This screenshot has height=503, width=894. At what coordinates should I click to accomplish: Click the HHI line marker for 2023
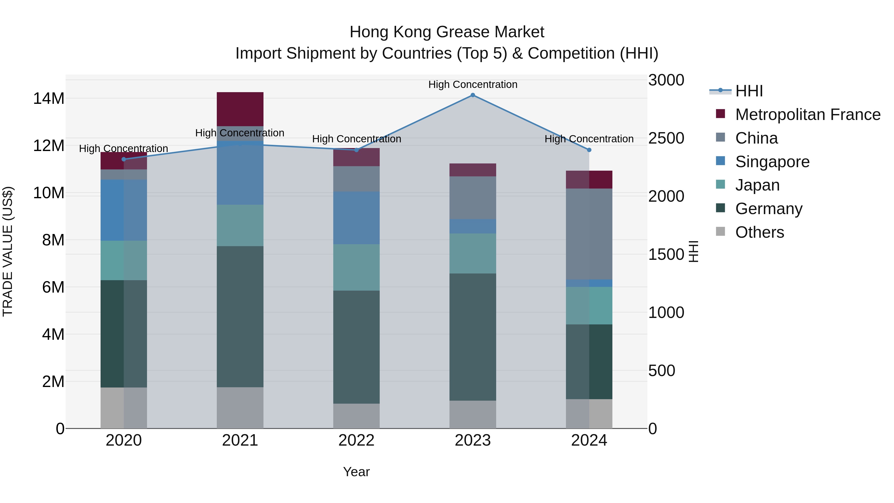click(472, 95)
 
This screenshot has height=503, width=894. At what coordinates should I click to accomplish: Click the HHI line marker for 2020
click(124, 159)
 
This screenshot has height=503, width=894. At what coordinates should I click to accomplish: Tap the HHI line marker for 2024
click(589, 150)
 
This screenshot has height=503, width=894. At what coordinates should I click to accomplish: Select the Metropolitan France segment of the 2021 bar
click(240, 109)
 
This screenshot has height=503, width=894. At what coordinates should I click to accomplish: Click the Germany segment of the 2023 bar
click(472, 337)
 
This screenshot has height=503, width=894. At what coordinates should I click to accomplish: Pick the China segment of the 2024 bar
click(589, 234)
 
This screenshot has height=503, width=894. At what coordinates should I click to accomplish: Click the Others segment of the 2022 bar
click(356, 416)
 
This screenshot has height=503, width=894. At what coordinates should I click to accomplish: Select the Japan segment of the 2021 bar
click(240, 225)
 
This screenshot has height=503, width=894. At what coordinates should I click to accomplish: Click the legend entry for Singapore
click(772, 162)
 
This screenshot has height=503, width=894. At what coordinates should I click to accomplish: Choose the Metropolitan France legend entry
click(807, 115)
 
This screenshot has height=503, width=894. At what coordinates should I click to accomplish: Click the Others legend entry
click(759, 232)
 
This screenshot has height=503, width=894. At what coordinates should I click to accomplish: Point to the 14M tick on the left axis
click(49, 99)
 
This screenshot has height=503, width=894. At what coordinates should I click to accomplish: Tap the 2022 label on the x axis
click(356, 440)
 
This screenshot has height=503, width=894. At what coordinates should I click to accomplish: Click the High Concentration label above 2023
click(472, 84)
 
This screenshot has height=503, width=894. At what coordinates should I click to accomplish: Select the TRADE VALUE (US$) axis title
click(8, 251)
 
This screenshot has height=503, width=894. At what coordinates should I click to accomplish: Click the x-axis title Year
click(356, 472)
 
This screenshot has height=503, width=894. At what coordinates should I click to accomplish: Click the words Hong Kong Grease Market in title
click(447, 32)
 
